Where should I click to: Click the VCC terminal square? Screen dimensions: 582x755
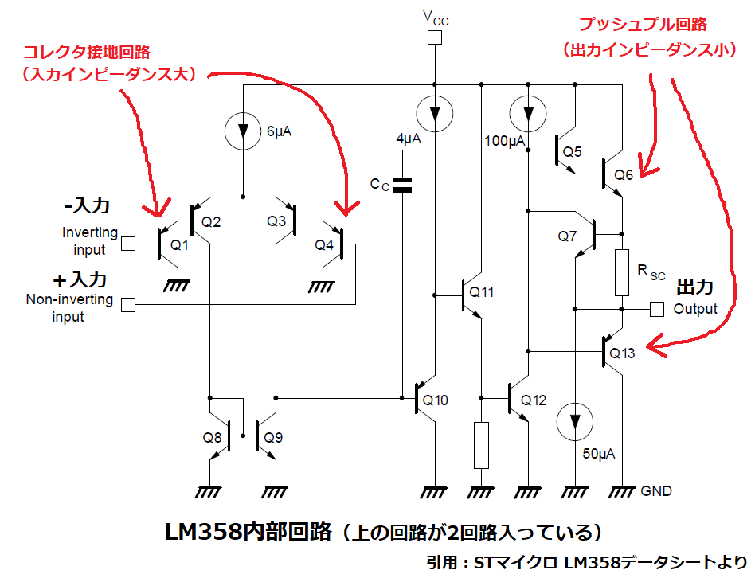pos(435,37)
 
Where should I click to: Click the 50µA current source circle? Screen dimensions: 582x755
pos(575,422)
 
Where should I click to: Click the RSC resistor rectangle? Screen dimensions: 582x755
pos(622,273)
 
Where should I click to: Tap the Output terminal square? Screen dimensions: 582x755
pos(657,308)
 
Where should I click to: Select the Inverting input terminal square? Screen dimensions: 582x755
pos(127,244)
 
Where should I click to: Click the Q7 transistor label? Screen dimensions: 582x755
pos(568,236)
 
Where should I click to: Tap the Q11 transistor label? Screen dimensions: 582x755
pos(481,292)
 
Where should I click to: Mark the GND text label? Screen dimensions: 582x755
pos(655,491)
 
